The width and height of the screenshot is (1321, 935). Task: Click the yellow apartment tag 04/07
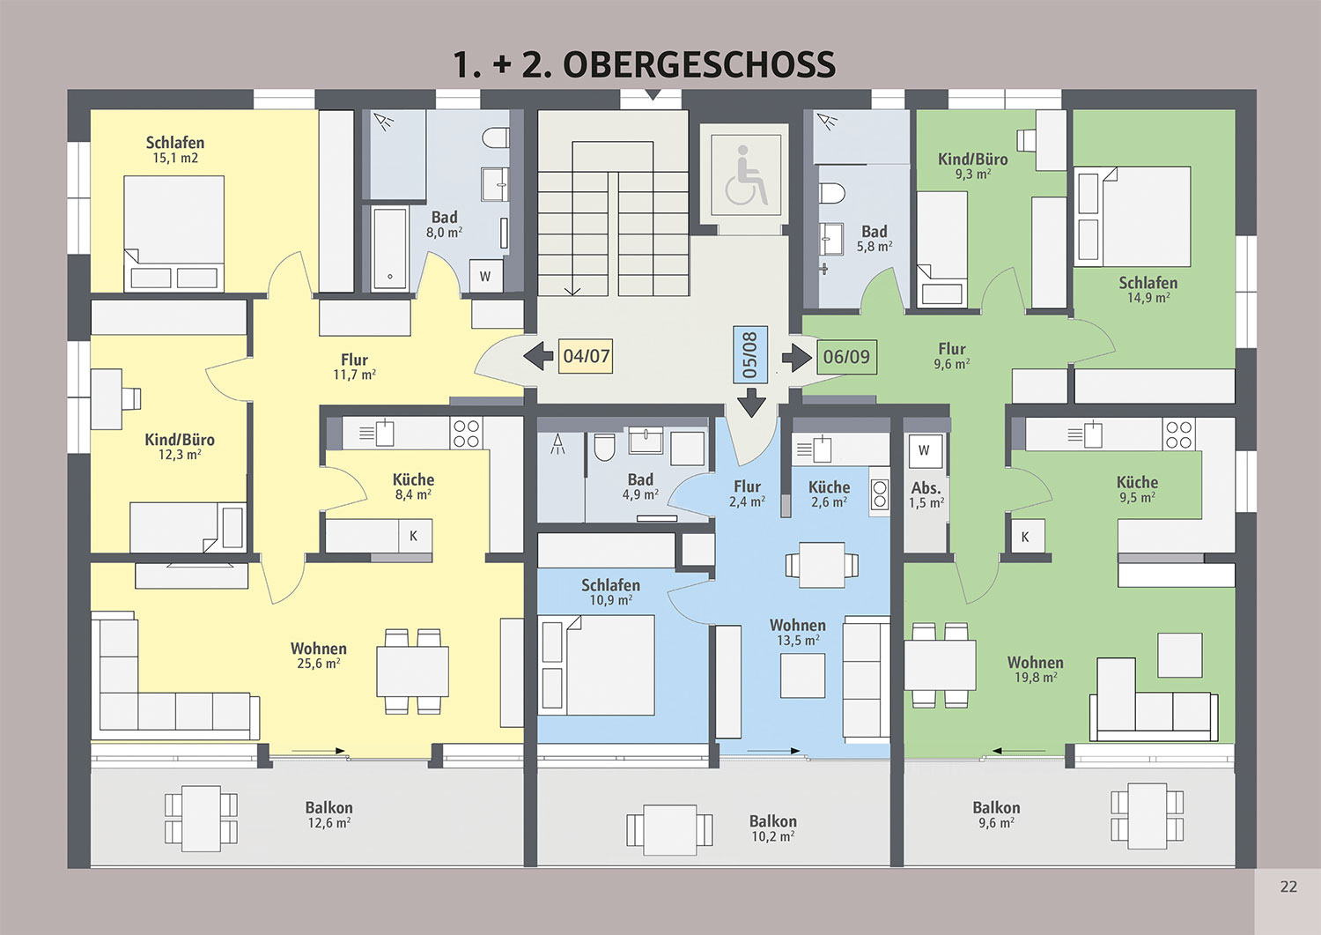(x=586, y=356)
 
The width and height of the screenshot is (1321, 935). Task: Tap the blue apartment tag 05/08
(x=750, y=355)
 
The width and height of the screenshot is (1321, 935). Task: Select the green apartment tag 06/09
(x=846, y=357)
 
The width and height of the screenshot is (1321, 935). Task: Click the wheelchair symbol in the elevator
(x=746, y=175)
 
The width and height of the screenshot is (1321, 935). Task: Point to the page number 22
(x=1288, y=886)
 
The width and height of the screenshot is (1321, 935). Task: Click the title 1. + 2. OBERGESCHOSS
(x=644, y=64)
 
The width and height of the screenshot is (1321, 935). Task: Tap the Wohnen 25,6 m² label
(x=319, y=656)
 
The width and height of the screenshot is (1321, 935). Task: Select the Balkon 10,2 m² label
(x=772, y=828)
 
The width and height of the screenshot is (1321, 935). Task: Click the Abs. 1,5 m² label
(x=926, y=495)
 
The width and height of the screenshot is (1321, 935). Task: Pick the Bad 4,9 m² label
(x=640, y=487)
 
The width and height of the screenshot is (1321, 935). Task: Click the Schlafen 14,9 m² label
(x=1148, y=290)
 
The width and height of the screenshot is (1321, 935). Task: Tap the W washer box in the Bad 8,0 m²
(x=485, y=276)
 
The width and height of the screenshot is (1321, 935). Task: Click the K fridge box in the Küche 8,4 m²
(x=415, y=536)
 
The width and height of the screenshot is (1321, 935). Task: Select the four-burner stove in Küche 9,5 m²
(x=1178, y=434)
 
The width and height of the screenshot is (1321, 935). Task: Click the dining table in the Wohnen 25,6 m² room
(x=412, y=672)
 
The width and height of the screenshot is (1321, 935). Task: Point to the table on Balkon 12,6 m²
(x=201, y=818)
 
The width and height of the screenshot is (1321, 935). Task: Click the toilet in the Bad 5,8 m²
(x=832, y=192)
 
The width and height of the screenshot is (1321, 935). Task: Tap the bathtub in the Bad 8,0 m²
(x=390, y=248)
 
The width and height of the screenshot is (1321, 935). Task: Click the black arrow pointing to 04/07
(x=538, y=357)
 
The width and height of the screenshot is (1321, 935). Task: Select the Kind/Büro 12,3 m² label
(x=180, y=447)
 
